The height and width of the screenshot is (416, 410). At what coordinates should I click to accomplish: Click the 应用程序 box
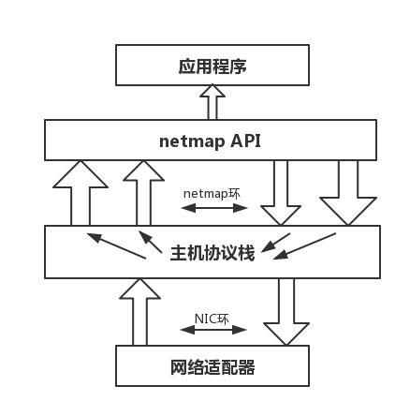[212, 67]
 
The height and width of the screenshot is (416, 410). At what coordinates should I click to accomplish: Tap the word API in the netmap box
[246, 141]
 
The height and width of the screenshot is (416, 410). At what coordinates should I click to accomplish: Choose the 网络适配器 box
[212, 366]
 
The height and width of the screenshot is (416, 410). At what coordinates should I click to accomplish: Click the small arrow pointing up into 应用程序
[212, 101]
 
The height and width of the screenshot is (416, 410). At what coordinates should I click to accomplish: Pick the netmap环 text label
[212, 192]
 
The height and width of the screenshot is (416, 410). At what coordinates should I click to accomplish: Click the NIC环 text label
[212, 319]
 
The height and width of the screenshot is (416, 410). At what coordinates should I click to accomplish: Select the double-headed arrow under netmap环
[212, 206]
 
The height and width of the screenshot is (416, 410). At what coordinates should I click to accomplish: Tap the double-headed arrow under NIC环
[212, 330]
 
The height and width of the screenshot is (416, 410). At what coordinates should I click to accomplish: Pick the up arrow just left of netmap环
[142, 192]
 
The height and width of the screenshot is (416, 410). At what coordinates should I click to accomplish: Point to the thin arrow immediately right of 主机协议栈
[277, 243]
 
